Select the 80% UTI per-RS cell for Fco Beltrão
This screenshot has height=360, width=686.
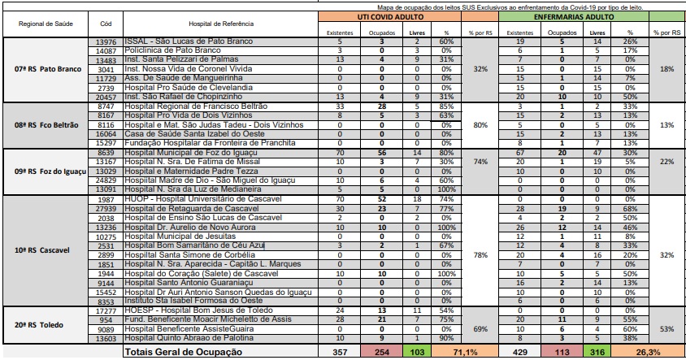pos(480,124)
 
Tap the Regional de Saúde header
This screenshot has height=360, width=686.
pos(41,25)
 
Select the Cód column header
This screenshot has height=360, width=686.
pos(106,25)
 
